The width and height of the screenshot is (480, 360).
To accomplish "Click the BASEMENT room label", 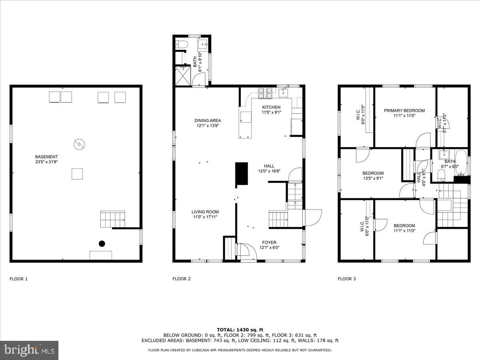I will [46, 157].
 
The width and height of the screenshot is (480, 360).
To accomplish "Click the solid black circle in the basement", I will [102, 243].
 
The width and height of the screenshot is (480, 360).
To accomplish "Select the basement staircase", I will [112, 220].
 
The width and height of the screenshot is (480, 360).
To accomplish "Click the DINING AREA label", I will [208, 120].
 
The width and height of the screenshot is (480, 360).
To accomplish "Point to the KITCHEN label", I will [271, 107].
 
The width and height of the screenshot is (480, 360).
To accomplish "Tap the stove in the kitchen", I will [264, 93].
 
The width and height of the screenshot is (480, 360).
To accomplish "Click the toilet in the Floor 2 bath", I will [180, 44].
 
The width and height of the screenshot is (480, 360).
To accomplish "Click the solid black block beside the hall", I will [241, 174].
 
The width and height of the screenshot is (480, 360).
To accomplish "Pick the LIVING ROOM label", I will [205, 212].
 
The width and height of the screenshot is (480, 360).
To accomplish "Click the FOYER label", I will [269, 242].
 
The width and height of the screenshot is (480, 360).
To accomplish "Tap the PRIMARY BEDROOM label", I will [404, 111].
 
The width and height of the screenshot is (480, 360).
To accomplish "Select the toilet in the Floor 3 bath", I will [442, 174].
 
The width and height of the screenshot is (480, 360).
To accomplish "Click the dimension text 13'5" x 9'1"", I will [373, 178].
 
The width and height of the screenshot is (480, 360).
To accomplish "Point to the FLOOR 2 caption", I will [181, 279].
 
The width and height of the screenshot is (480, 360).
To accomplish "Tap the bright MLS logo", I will [29, 350].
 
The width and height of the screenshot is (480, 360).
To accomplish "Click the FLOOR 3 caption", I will [346, 279].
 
